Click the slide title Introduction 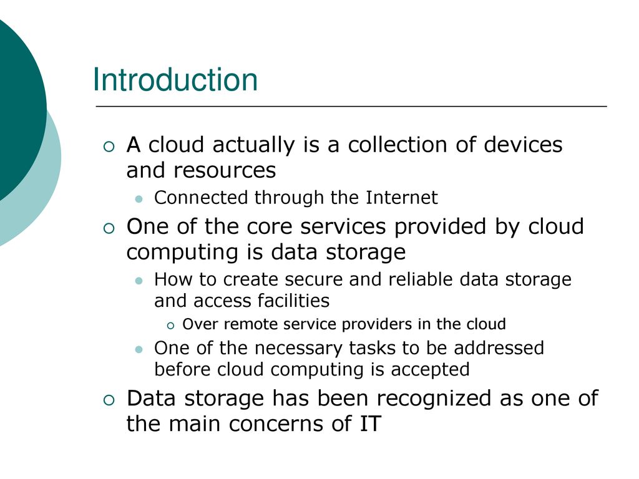175,79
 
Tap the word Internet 401,198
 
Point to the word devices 524,145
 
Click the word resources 225,170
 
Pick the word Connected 202,198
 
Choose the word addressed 499,348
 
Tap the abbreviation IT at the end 370,423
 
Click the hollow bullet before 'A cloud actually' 109,147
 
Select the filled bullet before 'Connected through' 139,199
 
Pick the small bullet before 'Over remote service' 170,326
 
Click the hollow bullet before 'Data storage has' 109,400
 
